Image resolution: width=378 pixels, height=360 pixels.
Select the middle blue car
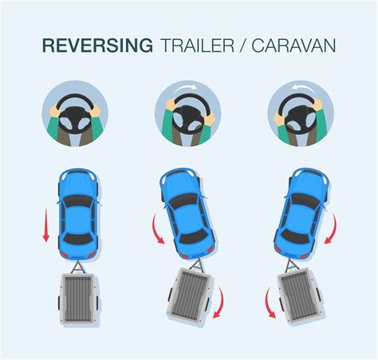point(185,210)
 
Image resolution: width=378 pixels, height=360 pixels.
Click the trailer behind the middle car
point(193,295)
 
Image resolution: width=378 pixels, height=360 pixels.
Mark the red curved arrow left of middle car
point(154,233)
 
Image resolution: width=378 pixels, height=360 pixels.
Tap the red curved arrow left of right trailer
point(270,304)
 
